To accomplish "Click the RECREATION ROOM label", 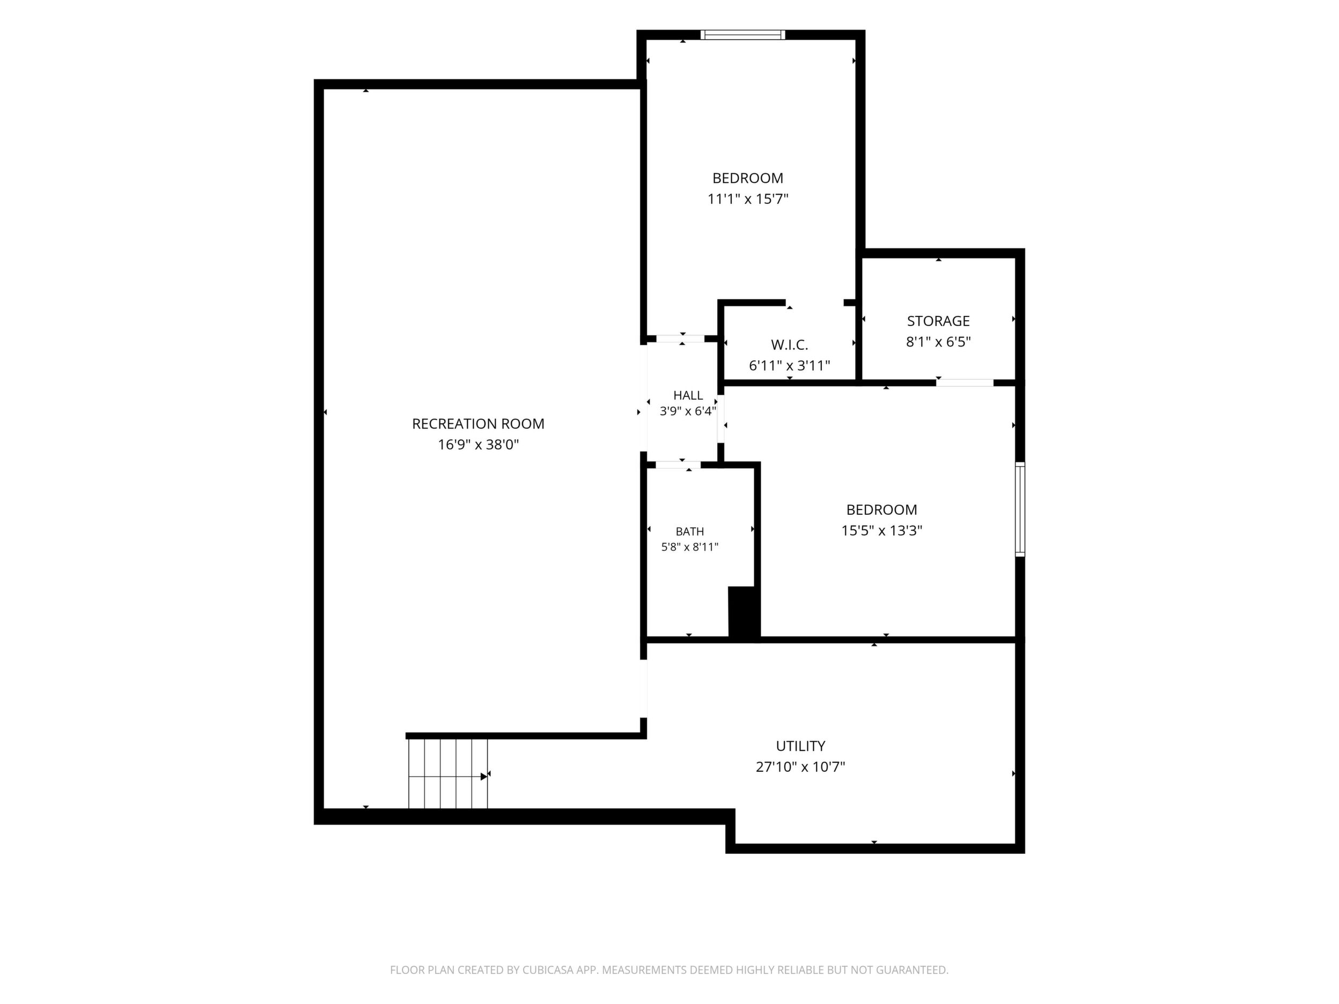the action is (x=478, y=424).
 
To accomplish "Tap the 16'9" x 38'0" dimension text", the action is (x=478, y=445).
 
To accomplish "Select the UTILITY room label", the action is (x=800, y=745).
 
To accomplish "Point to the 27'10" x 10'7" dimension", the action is (x=800, y=767).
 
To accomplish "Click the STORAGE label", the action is (x=938, y=321).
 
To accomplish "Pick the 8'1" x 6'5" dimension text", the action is (x=938, y=342).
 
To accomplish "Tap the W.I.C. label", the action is (x=789, y=345).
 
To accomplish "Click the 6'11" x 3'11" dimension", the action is (x=789, y=366).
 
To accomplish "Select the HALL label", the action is (x=688, y=395).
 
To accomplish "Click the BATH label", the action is (x=689, y=531).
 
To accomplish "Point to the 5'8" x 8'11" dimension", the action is (x=689, y=547).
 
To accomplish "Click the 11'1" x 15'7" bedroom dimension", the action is (x=748, y=199).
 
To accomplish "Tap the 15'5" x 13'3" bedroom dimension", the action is (x=882, y=531).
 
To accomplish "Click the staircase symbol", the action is (x=448, y=773).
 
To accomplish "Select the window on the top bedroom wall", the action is (x=743, y=34).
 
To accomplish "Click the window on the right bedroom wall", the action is (x=1020, y=509).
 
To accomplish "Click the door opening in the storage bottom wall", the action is (x=966, y=382).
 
